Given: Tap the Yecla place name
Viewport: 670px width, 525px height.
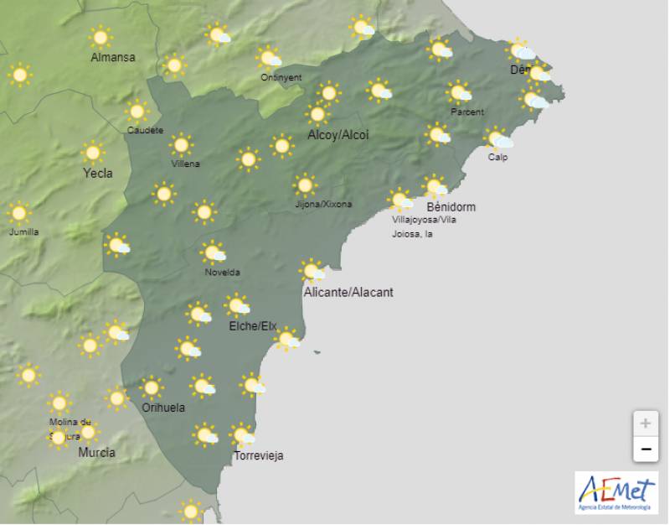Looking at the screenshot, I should pos(98,174).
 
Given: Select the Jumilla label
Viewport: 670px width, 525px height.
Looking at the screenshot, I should pos(23,231).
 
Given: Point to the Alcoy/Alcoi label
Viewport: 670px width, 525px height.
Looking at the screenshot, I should pos(338,135).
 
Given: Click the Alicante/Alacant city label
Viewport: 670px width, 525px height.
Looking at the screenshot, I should pos(348,293).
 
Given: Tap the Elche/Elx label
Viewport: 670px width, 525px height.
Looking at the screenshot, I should pos(253,326).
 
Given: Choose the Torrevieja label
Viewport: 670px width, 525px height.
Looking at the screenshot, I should pos(259,456).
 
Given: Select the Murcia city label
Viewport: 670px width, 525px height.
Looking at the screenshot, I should pos(96,453).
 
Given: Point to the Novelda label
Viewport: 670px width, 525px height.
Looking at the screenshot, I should pos(222,272).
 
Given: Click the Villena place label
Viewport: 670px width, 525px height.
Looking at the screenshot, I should pos(185,164).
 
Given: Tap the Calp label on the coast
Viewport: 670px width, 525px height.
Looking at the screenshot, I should pos(498,157).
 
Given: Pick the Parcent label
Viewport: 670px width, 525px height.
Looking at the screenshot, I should pos(466,112).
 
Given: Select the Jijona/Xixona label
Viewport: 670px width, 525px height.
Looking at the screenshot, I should pos(323,204).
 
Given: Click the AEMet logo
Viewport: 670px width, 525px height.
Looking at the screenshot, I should pos(616,492).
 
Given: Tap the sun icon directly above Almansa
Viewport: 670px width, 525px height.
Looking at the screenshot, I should pos(101,37).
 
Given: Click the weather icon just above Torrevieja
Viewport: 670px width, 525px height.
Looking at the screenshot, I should pos(243,436).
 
